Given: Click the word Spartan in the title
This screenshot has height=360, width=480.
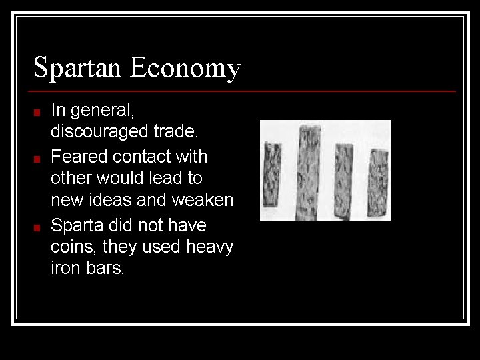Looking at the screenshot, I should tap(78, 68).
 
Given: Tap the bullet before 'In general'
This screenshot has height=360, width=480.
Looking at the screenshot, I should tap(39, 113).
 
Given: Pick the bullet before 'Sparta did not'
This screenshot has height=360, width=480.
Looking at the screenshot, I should tap(39, 227).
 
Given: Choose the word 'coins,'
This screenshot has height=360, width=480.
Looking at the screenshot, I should tap(71, 247).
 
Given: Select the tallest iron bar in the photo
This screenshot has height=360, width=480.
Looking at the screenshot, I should tap(309, 171).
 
